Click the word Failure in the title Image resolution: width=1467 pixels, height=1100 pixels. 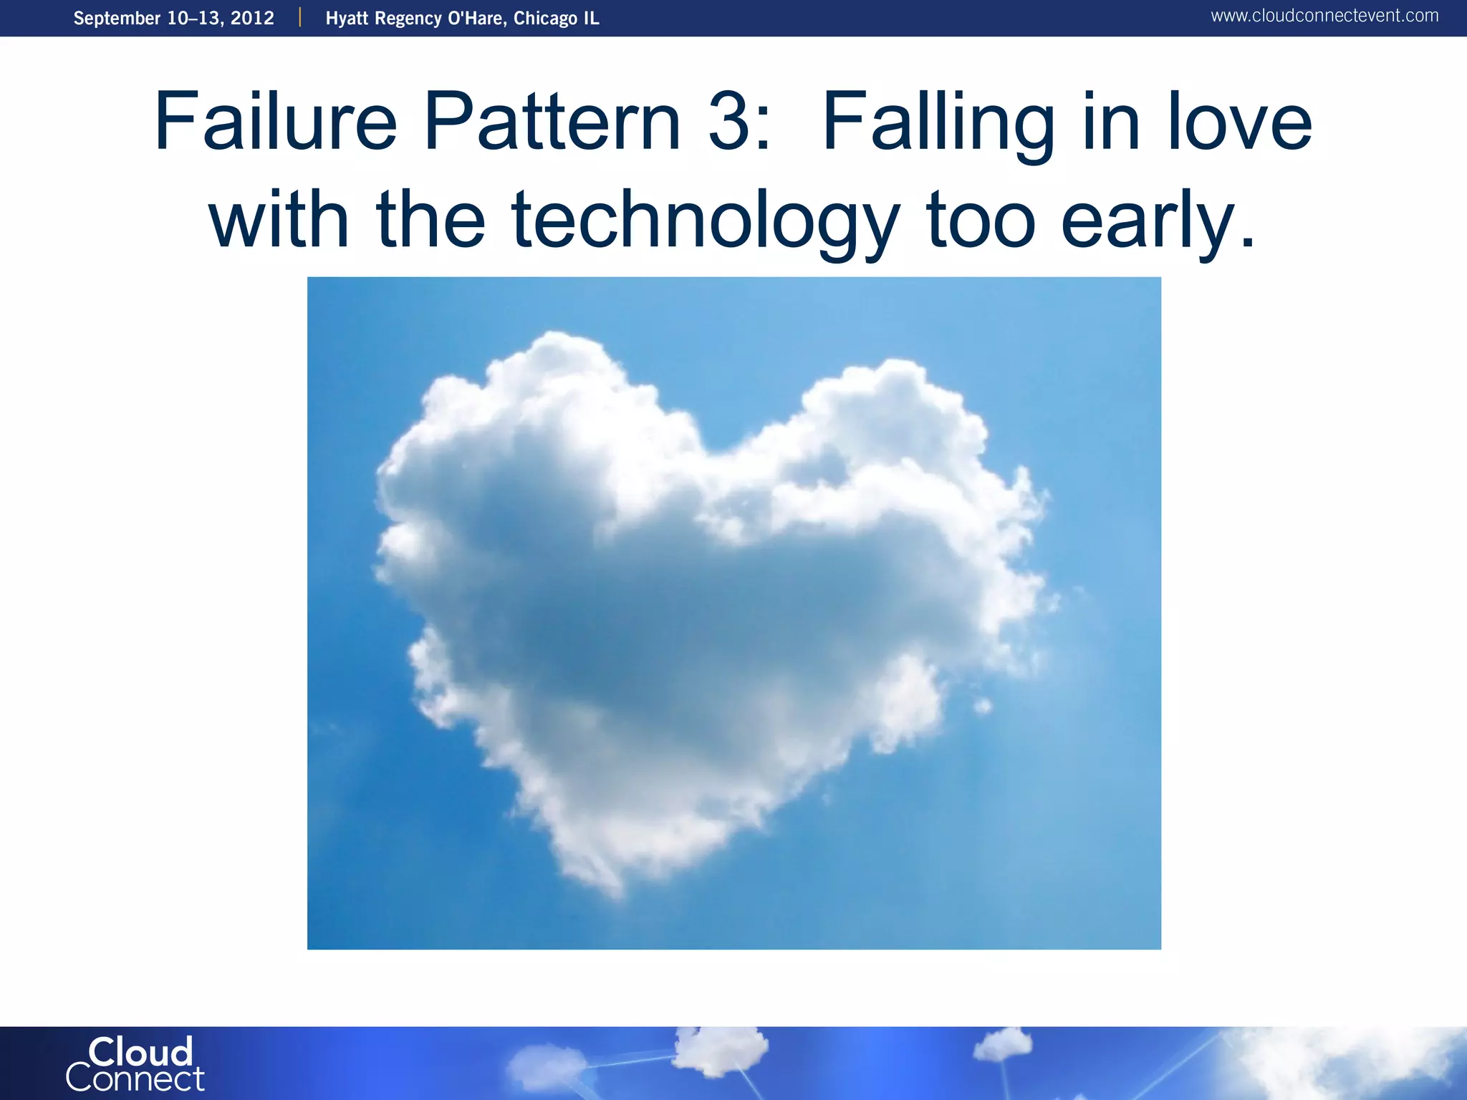tap(275, 122)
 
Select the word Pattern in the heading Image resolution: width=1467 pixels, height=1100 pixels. tap(552, 122)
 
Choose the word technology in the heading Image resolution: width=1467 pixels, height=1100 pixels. tap(705, 221)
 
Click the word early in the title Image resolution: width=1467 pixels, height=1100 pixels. tap(1158, 221)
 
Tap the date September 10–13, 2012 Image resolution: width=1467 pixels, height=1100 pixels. tap(173, 18)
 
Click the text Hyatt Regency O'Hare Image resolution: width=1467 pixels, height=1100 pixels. tap(414, 18)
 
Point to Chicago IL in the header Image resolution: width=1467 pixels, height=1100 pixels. tap(556, 18)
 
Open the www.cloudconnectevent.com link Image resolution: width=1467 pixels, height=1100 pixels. tap(1324, 16)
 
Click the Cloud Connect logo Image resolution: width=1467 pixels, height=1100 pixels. tap(136, 1064)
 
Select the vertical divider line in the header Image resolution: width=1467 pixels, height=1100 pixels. tap(300, 17)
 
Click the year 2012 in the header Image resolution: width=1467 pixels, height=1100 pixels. tap(252, 18)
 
